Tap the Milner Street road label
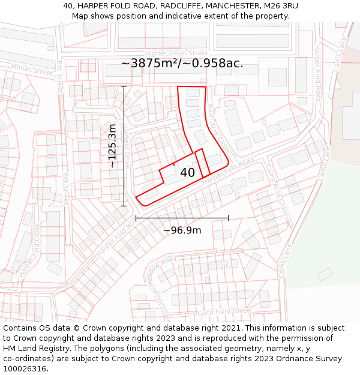pyautogui.click(x=32, y=70)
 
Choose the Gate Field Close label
pyautogui.click(x=224, y=311)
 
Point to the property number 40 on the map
pyautogui.click(x=187, y=173)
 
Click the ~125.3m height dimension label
pyautogui.click(x=112, y=146)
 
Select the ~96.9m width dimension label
pyautogui.click(x=182, y=230)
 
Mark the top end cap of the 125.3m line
pyautogui.click(x=124, y=86)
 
